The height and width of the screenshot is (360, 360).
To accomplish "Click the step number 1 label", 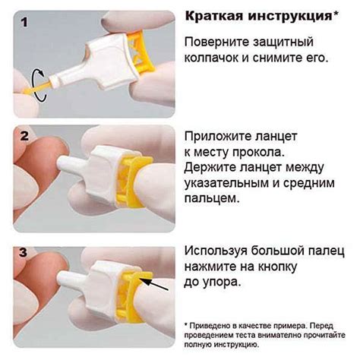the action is click(24, 22).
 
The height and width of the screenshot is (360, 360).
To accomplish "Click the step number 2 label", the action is click(24, 136).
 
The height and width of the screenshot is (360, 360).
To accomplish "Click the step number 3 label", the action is click(24, 252).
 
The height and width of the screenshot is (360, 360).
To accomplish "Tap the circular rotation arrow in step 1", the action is click(39, 86).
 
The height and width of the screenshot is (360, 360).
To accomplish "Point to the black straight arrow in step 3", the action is click(154, 284).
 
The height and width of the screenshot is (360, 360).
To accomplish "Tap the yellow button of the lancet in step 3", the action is click(133, 297).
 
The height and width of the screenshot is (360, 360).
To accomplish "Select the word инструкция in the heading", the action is click(290, 17).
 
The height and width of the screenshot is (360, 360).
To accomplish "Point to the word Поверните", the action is click(218, 43).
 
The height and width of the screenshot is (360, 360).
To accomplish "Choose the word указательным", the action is click(226, 184).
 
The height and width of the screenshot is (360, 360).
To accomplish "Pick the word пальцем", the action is click(212, 198).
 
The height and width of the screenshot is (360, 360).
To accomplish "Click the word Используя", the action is click(216, 251).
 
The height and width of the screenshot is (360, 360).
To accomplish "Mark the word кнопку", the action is click(277, 267).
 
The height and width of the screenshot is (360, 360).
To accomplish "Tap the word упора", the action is click(222, 283).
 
